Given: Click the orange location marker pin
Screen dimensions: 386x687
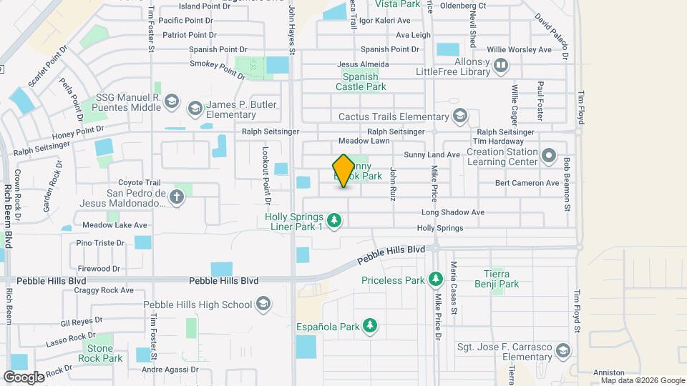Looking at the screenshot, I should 343,171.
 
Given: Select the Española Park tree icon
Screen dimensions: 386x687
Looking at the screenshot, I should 369,327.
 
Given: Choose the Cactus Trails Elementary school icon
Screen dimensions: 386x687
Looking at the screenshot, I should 459,116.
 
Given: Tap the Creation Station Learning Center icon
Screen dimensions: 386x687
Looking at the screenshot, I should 549,156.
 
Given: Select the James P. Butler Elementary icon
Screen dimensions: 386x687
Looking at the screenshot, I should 194,109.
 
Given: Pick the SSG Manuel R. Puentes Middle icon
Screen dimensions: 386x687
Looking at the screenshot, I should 170,102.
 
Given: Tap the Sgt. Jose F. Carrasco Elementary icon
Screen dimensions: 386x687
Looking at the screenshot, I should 564,351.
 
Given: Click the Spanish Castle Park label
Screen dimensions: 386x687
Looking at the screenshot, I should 364,81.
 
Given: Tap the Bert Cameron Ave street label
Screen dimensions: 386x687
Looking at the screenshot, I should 527,183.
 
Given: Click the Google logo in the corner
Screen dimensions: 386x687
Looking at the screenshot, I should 24,377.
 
